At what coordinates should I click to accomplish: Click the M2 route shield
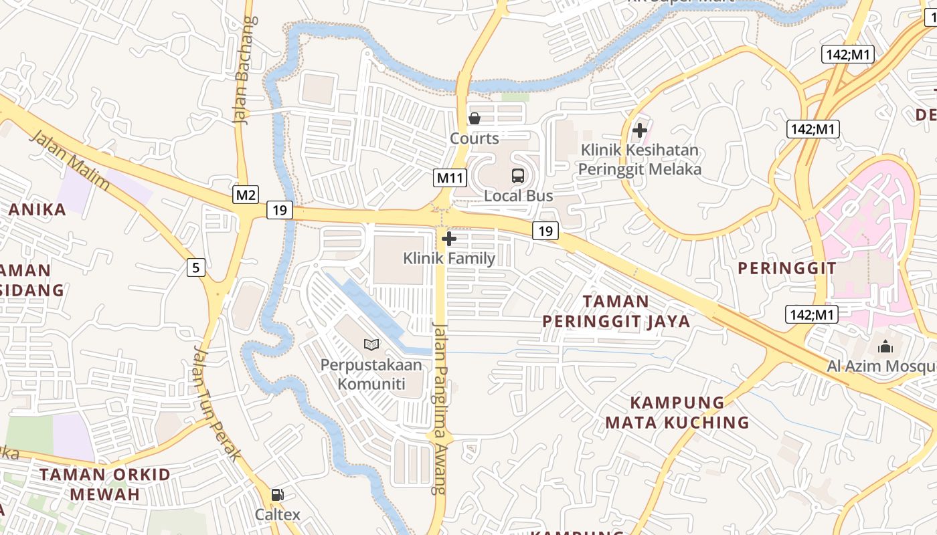pyautogui.click(x=246, y=195)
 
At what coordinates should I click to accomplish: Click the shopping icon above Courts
pyautogui.click(x=475, y=119)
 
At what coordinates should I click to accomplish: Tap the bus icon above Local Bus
pyautogui.click(x=518, y=176)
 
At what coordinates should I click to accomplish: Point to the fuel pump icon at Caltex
pyautogui.click(x=277, y=495)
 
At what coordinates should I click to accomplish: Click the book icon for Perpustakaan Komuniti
pyautogui.click(x=371, y=344)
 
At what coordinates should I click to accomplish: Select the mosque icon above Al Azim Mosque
pyautogui.click(x=885, y=346)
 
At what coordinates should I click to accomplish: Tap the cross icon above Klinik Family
pyautogui.click(x=449, y=239)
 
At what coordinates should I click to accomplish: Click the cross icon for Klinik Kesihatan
pyautogui.click(x=640, y=130)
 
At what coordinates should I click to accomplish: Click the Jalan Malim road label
pyautogui.click(x=70, y=160)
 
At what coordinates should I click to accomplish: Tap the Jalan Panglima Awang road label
pyautogui.click(x=440, y=408)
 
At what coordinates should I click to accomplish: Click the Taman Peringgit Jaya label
pyautogui.click(x=616, y=311)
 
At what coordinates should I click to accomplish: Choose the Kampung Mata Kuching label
pyautogui.click(x=677, y=412)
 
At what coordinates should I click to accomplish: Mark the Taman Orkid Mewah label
pyautogui.click(x=105, y=484)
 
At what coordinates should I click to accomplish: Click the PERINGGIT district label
pyautogui.click(x=786, y=268)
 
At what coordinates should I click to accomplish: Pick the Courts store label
pyautogui.click(x=475, y=138)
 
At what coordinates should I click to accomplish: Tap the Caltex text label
pyautogui.click(x=277, y=515)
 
